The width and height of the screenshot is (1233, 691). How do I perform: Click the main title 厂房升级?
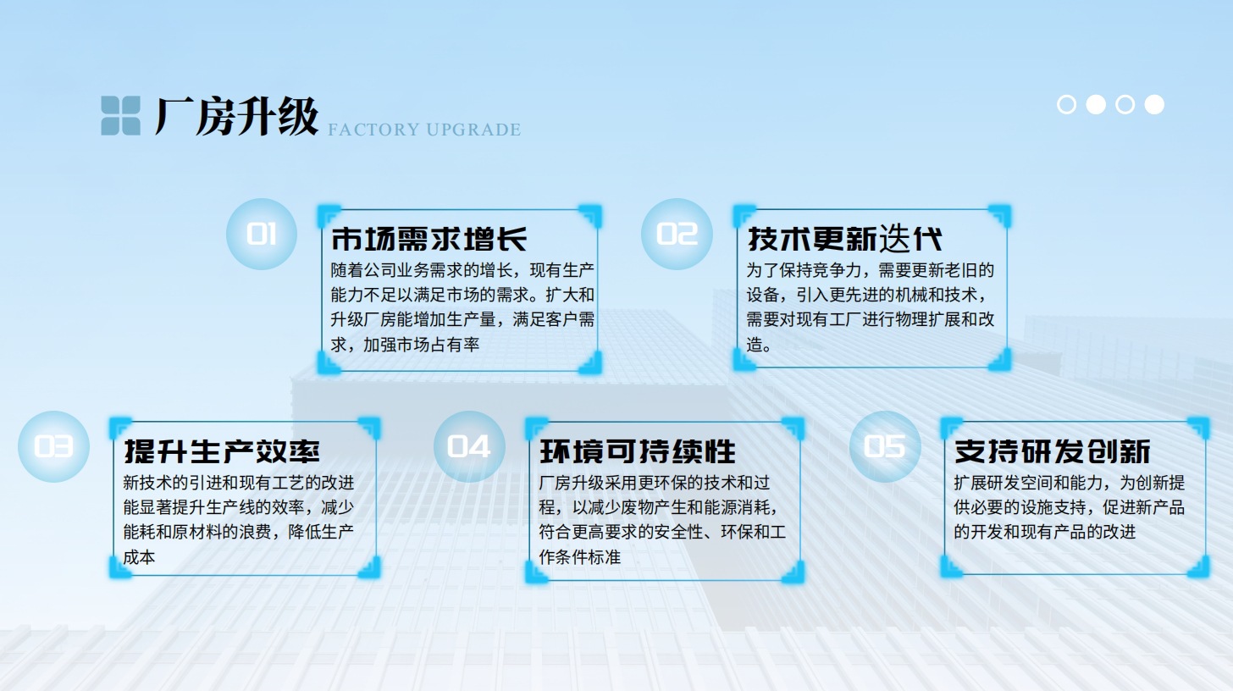point(236,116)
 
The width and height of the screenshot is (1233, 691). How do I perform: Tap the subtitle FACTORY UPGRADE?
point(423,130)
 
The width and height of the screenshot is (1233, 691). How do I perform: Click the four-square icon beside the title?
point(120,116)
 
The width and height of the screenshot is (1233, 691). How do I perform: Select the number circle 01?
point(262,234)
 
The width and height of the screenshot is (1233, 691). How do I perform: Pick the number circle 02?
point(677,234)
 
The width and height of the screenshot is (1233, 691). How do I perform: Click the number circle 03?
point(53,446)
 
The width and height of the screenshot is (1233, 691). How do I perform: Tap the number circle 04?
point(469,446)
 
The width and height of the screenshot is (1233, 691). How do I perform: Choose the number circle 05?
point(885,446)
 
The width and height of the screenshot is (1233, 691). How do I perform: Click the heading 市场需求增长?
point(429,239)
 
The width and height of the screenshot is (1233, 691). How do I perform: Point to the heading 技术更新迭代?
point(844,239)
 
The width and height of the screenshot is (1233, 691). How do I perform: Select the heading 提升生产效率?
point(222,451)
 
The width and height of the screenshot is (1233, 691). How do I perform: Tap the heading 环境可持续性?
point(638,451)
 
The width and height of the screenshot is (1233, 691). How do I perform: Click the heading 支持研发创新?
point(1052,451)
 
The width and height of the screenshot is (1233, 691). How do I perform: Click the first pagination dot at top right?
point(1067,104)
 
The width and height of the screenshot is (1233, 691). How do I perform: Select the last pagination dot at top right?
point(1154,104)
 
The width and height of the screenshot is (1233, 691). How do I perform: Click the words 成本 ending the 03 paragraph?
point(140,557)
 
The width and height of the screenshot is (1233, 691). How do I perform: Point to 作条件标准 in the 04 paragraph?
point(580,557)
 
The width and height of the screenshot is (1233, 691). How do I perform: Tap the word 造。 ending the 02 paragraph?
point(759,345)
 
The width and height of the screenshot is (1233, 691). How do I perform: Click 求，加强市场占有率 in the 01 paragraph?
point(405,345)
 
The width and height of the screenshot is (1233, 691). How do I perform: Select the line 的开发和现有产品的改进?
point(1044,532)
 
